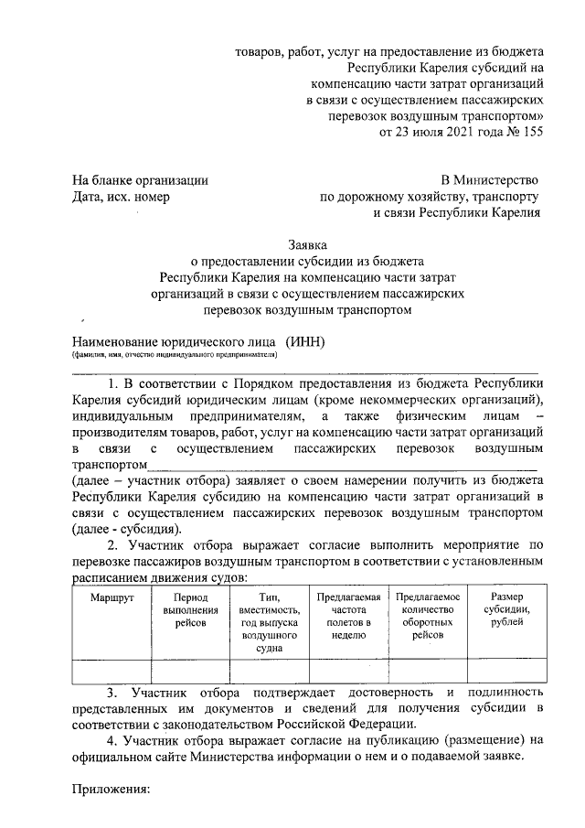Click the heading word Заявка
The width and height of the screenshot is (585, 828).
click(x=307, y=244)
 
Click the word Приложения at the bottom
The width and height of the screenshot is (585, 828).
click(x=110, y=789)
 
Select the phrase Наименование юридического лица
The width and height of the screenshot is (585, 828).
click(x=174, y=341)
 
